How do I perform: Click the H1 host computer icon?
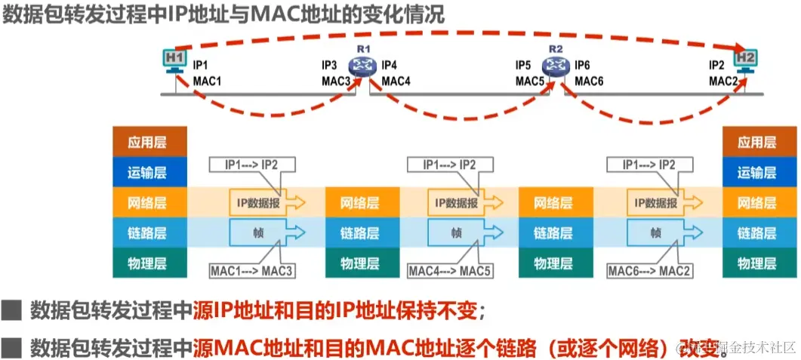click(175, 60)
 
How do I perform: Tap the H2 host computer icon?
click(746, 60)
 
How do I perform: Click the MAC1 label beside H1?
click(207, 81)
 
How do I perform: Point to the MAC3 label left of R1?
click(337, 81)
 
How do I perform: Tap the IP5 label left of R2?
click(524, 66)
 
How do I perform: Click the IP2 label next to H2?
click(717, 66)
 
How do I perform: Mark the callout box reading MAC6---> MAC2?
click(649, 269)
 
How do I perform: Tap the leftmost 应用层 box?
click(149, 142)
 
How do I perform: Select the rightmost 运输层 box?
click(757, 172)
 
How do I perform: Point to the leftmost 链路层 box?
click(149, 233)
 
